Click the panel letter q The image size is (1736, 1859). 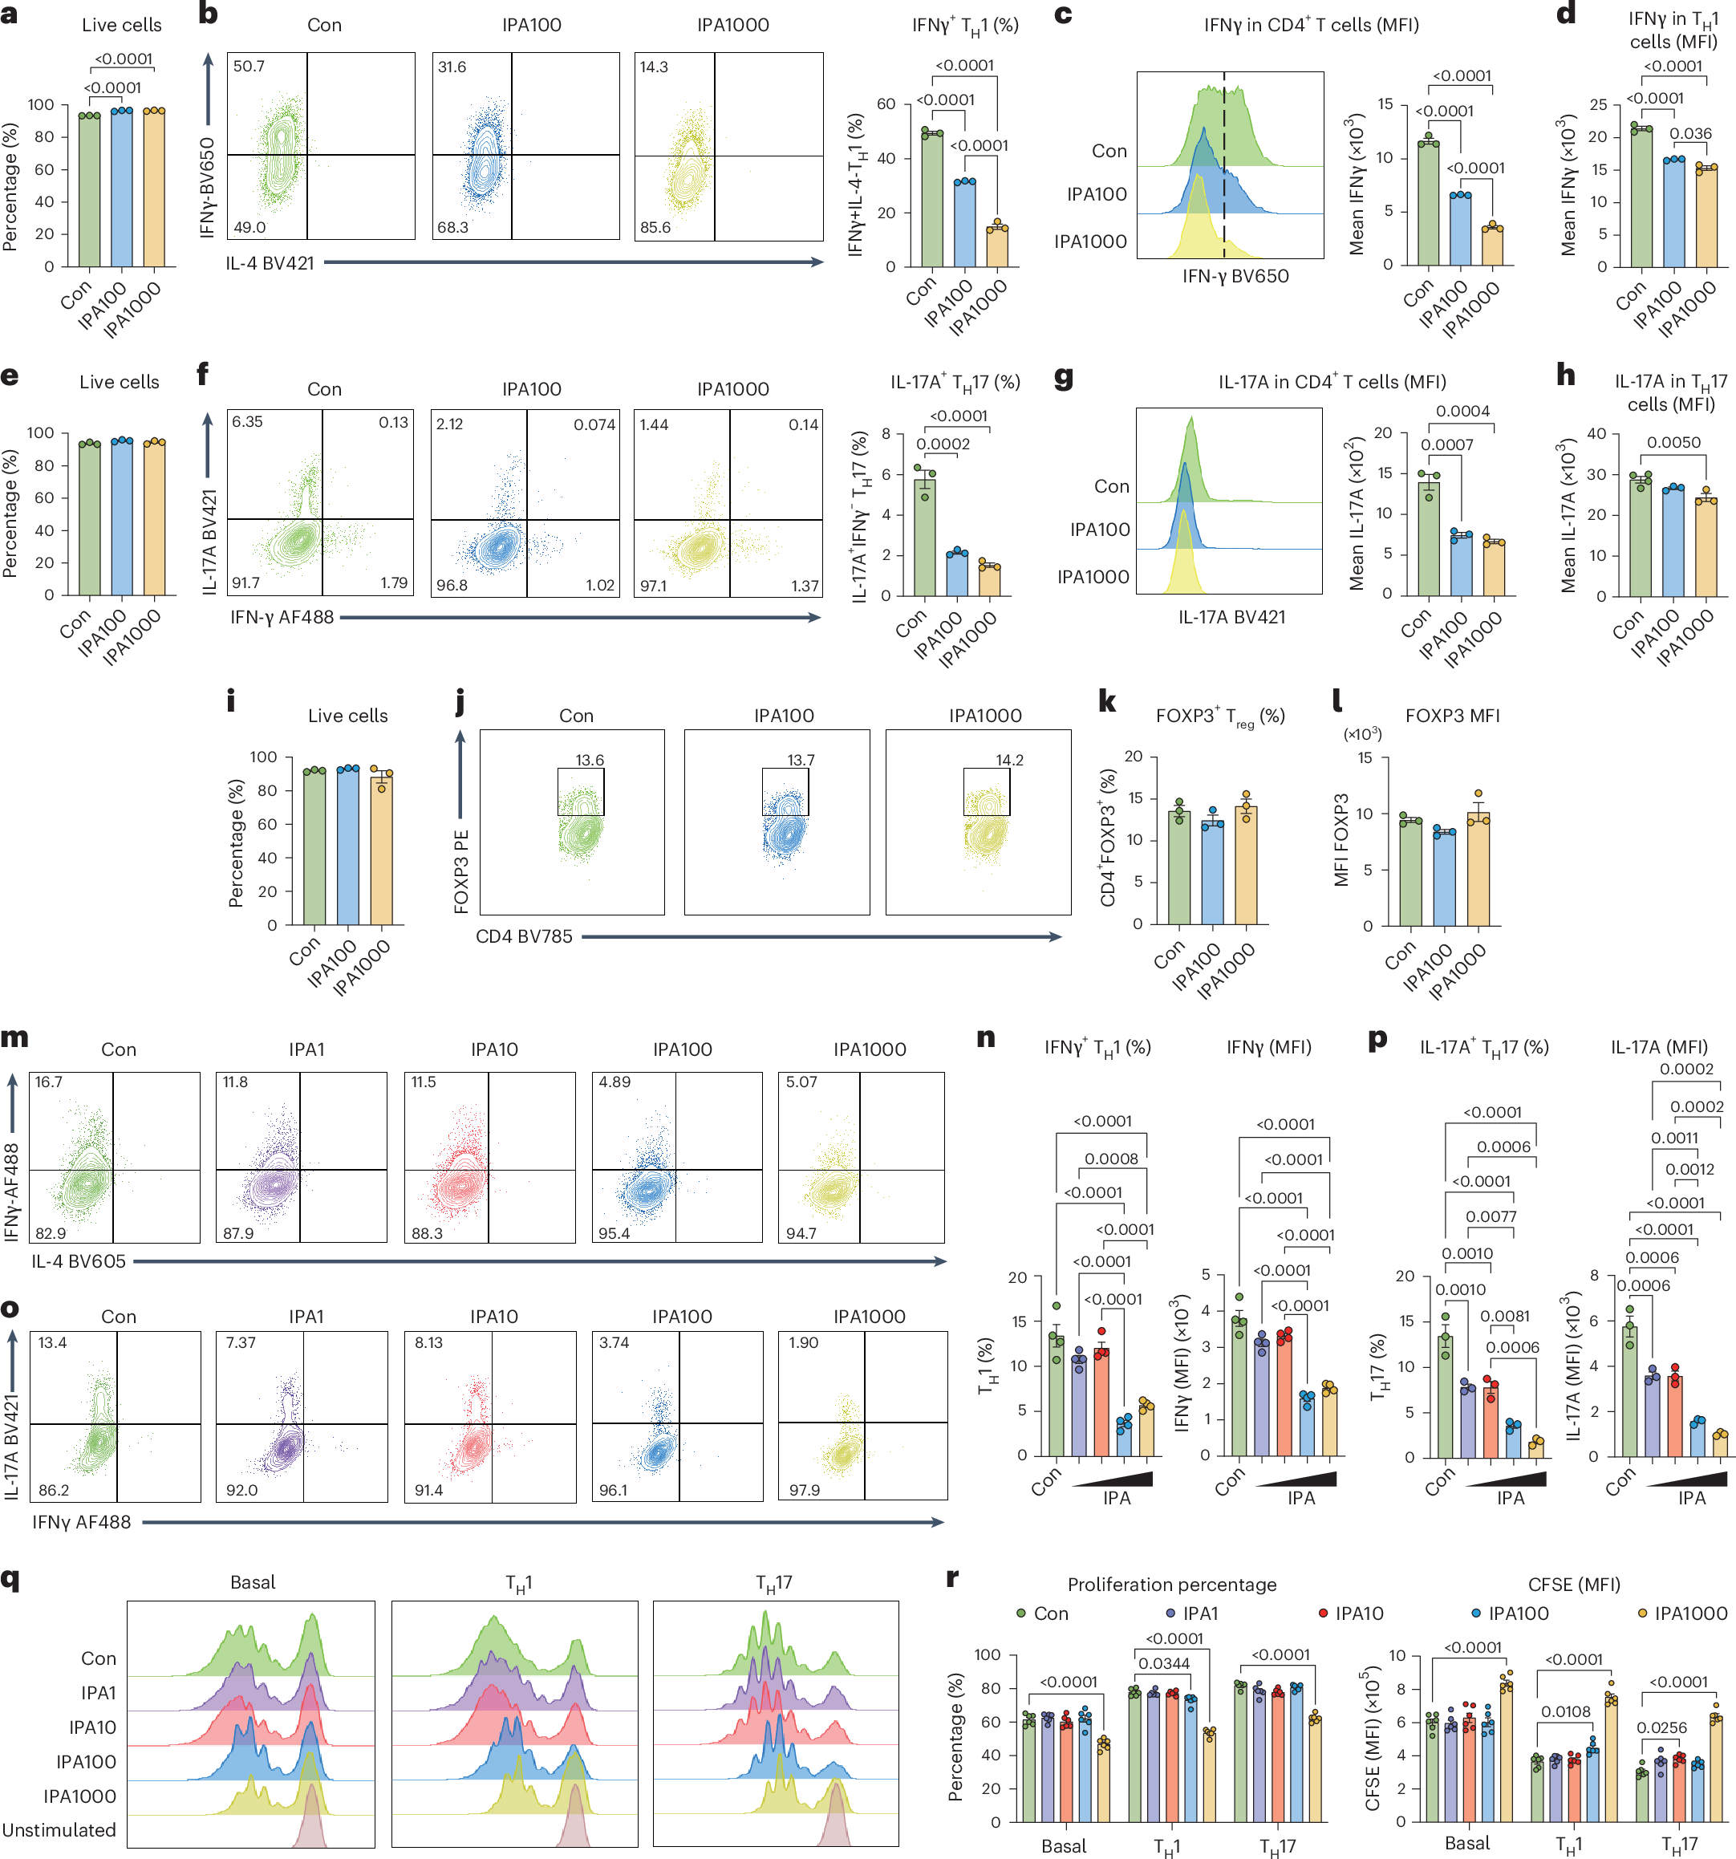10,1580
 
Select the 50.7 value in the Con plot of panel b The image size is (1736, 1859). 249,67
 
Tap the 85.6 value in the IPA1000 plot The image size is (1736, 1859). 655,227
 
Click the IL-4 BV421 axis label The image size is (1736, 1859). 270,264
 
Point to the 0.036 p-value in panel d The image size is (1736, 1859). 1690,134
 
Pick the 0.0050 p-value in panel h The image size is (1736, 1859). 1673,442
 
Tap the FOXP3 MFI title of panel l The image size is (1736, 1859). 1452,716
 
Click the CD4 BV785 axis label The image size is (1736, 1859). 524,937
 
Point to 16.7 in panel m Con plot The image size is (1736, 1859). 49,1082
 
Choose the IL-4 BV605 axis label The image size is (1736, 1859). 79,1261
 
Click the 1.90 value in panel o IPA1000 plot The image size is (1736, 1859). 803,1343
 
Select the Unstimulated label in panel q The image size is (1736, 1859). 59,1830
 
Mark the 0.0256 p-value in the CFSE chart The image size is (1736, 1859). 1662,1728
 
